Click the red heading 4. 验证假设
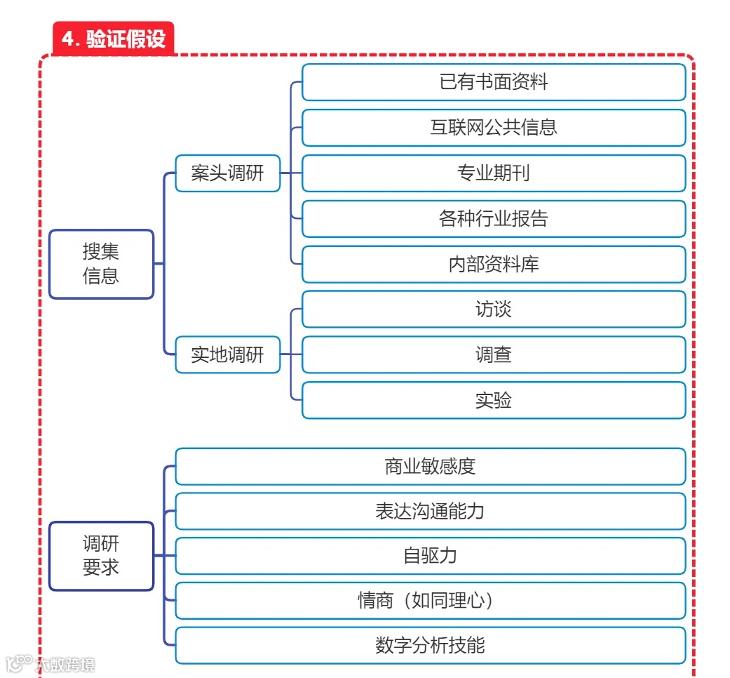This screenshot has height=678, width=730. point(113,39)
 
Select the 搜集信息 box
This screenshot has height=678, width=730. point(101,264)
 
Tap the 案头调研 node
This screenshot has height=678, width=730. point(227,173)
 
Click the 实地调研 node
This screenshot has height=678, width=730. point(227,354)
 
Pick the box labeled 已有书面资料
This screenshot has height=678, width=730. point(493,82)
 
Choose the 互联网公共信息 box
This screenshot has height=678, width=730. point(493,128)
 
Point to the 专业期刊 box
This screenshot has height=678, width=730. point(493,173)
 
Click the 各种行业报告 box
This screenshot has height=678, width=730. point(493,218)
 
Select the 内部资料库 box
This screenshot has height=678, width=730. point(493,264)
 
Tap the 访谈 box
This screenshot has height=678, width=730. point(493,310)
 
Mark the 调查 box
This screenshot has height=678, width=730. point(493,354)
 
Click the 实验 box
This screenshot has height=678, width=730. point(493,400)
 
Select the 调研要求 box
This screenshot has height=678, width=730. point(101,555)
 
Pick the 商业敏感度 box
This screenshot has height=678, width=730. point(430,466)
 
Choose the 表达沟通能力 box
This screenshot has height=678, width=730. point(430,511)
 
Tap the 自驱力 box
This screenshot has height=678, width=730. point(430,556)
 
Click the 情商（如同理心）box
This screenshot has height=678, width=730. point(430,601)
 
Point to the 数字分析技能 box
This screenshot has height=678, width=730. point(430,646)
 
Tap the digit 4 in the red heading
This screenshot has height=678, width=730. point(68,39)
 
